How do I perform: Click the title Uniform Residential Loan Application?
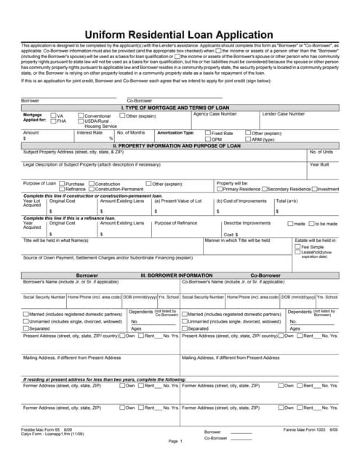(x=179, y=34)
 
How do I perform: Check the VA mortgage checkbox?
(x=54, y=116)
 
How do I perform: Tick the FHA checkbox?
(x=54, y=121)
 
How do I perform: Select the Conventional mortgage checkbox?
(x=81, y=116)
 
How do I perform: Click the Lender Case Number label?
(x=283, y=114)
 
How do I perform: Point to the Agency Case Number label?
(x=215, y=114)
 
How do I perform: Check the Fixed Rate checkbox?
(x=207, y=134)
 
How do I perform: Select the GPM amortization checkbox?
(x=207, y=139)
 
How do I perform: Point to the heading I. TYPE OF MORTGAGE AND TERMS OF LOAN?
(x=179, y=108)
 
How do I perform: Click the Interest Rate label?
(x=89, y=133)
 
